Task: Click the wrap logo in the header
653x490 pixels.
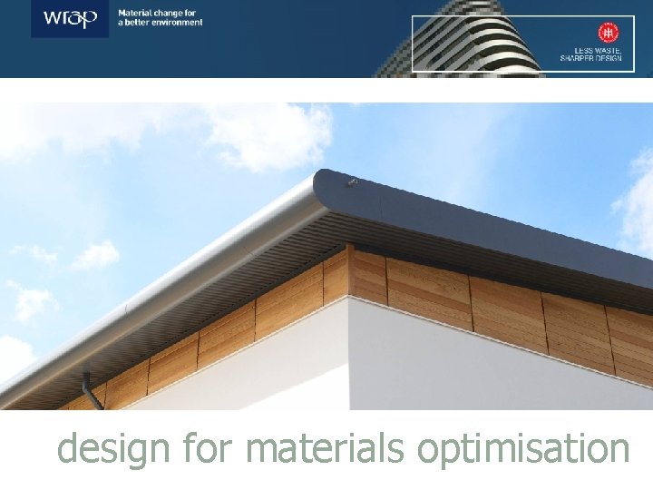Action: (x=70, y=18)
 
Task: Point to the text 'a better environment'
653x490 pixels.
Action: (x=161, y=23)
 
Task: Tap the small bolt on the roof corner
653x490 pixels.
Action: (x=353, y=182)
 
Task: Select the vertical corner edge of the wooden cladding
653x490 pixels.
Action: (x=348, y=272)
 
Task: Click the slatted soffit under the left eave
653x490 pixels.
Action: (x=209, y=290)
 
